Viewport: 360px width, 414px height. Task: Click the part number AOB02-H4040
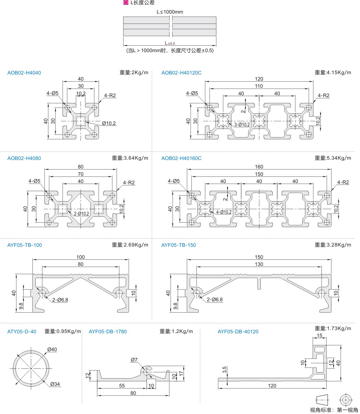[24, 73]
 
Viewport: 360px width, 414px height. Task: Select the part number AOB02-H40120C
[181, 73]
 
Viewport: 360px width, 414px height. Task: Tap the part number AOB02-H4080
[24, 158]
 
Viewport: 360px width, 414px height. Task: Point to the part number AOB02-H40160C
[181, 158]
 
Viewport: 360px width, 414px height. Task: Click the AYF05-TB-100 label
[24, 245]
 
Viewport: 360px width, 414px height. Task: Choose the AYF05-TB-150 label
[179, 245]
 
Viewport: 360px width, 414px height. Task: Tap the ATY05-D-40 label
[22, 332]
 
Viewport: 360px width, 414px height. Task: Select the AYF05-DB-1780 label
[108, 332]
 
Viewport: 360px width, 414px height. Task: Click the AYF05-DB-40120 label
[238, 332]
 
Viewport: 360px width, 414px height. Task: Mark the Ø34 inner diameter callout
[55, 384]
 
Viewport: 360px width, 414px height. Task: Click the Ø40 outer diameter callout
[52, 350]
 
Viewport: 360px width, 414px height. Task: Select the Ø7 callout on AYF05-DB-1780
[134, 360]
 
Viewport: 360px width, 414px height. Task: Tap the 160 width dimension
[259, 167]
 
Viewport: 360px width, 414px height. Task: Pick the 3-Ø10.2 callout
[242, 125]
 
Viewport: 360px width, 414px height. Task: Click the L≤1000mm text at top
[170, 12]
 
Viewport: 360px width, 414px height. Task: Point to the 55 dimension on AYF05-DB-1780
[122, 386]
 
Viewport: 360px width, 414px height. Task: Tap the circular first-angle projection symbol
[346, 399]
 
